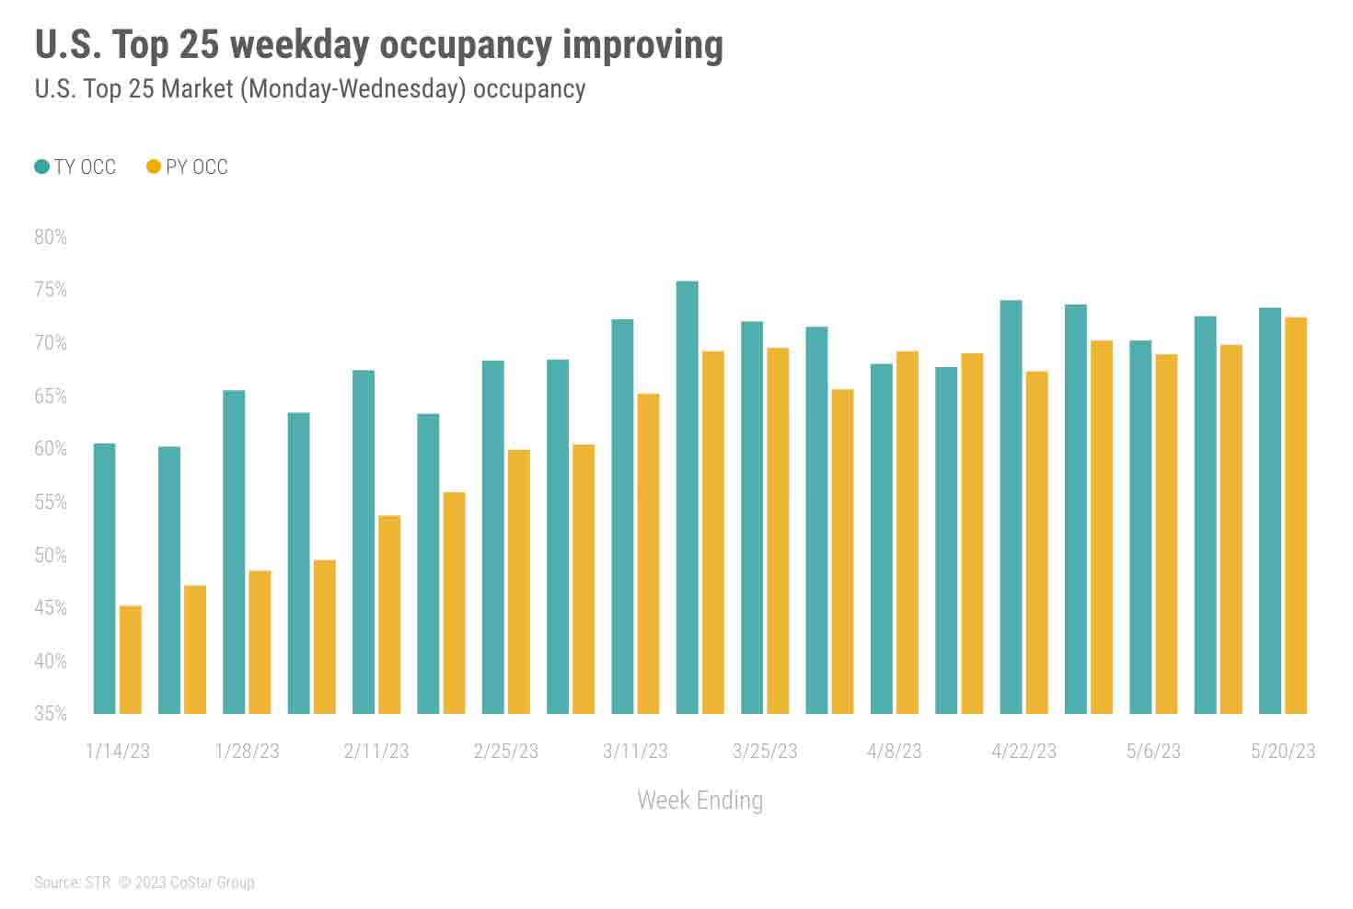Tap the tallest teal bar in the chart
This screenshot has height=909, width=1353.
(x=687, y=497)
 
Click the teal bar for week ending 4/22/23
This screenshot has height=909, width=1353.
(x=1011, y=506)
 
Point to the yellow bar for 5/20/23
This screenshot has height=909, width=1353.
(x=1295, y=515)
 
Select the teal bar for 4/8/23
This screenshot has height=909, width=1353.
(x=881, y=538)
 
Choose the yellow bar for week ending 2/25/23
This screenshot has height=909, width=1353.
(x=519, y=581)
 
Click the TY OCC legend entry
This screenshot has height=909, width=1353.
(x=75, y=167)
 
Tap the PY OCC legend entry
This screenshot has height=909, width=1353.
(x=188, y=167)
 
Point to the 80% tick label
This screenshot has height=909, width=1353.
(x=51, y=236)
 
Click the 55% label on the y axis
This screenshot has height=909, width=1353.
(x=51, y=501)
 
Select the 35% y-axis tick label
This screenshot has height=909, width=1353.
(x=51, y=713)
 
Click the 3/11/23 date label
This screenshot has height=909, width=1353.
(x=635, y=751)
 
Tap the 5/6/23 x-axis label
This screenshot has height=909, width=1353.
(x=1153, y=751)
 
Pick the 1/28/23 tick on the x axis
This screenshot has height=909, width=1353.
(x=247, y=751)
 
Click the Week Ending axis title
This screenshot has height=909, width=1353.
(x=700, y=800)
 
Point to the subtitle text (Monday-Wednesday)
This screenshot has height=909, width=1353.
(x=349, y=88)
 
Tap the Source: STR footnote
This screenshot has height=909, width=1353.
(x=72, y=882)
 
